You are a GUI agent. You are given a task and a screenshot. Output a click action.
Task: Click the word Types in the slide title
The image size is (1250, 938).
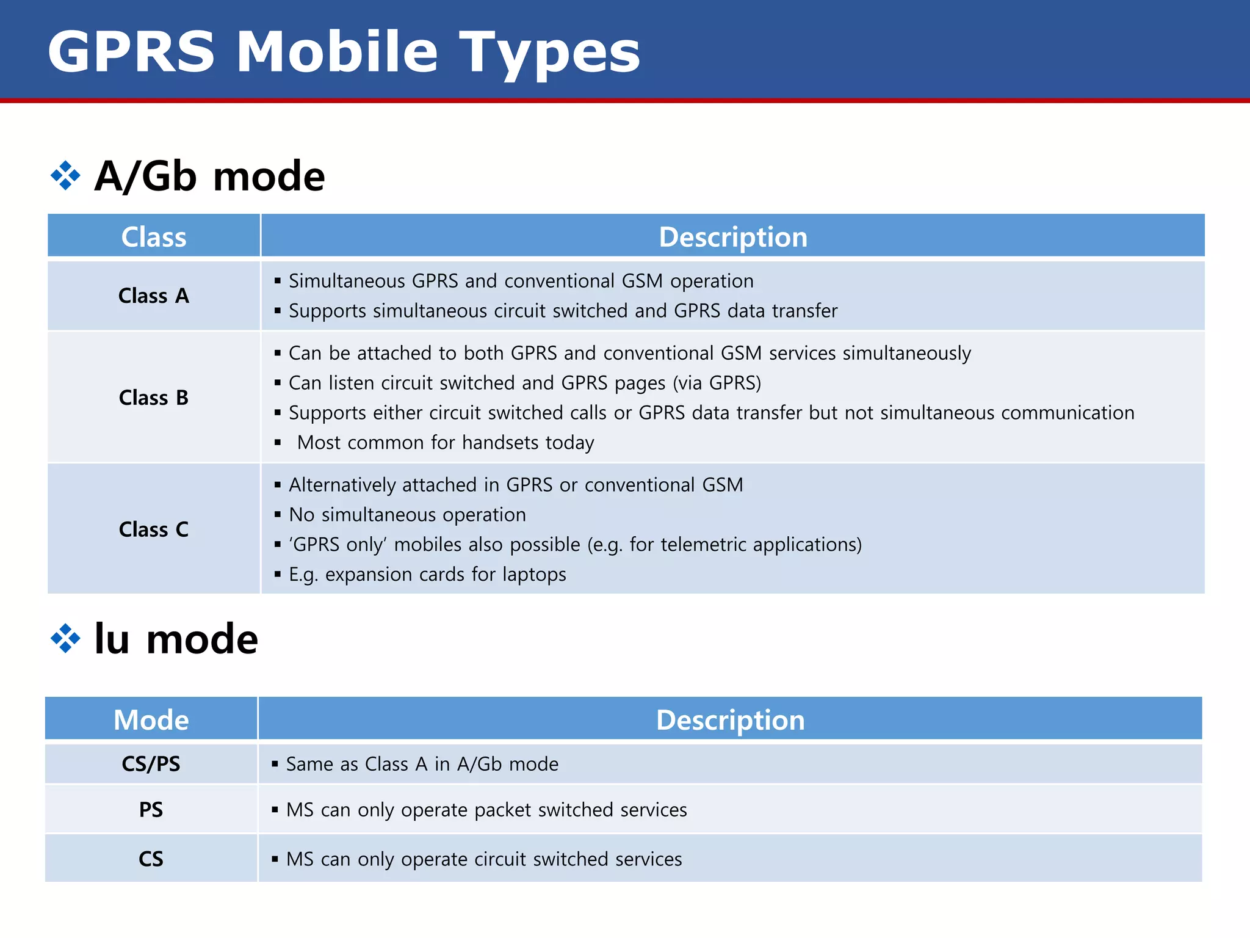pyautogui.click(x=549, y=54)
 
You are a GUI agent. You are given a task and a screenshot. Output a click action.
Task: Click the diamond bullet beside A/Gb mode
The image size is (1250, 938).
pyautogui.click(x=65, y=176)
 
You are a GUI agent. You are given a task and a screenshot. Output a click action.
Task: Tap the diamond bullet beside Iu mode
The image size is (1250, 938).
pyautogui.click(x=65, y=639)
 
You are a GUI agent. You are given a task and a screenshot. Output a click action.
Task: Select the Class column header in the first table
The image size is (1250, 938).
pyautogui.click(x=154, y=237)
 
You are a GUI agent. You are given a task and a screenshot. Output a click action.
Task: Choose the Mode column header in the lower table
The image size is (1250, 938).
pyautogui.click(x=151, y=720)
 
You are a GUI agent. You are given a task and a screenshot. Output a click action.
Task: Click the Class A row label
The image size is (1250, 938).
pyautogui.click(x=154, y=296)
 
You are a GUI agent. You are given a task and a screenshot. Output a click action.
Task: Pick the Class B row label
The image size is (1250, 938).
pyautogui.click(x=154, y=398)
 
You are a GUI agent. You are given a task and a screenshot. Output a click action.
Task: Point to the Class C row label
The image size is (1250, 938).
pyautogui.click(x=154, y=529)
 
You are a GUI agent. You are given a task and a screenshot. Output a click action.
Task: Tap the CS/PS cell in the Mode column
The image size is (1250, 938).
pyautogui.click(x=151, y=764)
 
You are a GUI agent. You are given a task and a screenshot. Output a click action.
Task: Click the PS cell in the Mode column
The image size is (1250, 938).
pyautogui.click(x=151, y=810)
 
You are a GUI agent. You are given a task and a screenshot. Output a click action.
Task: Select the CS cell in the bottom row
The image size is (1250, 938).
pyautogui.click(x=151, y=859)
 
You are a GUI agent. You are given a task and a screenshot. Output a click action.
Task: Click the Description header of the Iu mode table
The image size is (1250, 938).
pyautogui.click(x=730, y=720)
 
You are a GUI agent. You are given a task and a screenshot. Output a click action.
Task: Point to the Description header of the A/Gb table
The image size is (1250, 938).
pyautogui.click(x=733, y=237)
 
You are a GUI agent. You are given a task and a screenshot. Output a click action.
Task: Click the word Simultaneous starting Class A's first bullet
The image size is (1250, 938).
pyautogui.click(x=347, y=281)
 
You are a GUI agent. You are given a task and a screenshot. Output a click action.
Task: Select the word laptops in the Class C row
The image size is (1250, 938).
pyautogui.click(x=534, y=575)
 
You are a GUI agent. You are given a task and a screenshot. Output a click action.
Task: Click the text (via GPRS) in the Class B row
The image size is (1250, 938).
pyautogui.click(x=717, y=384)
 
